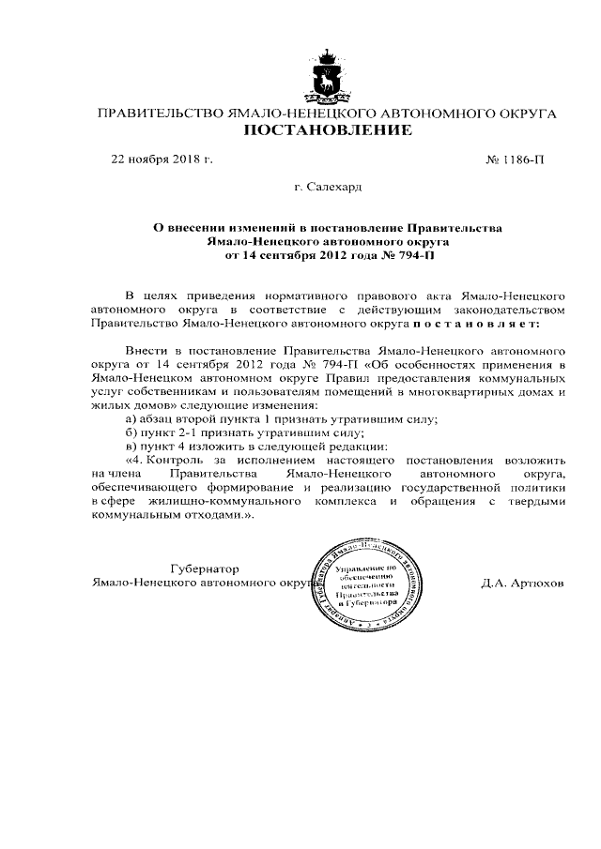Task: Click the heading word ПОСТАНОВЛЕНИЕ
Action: click(x=328, y=131)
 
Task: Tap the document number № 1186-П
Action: click(x=515, y=159)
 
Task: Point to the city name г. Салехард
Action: click(x=328, y=188)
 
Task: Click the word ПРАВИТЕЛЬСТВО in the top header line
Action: click(x=155, y=114)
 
